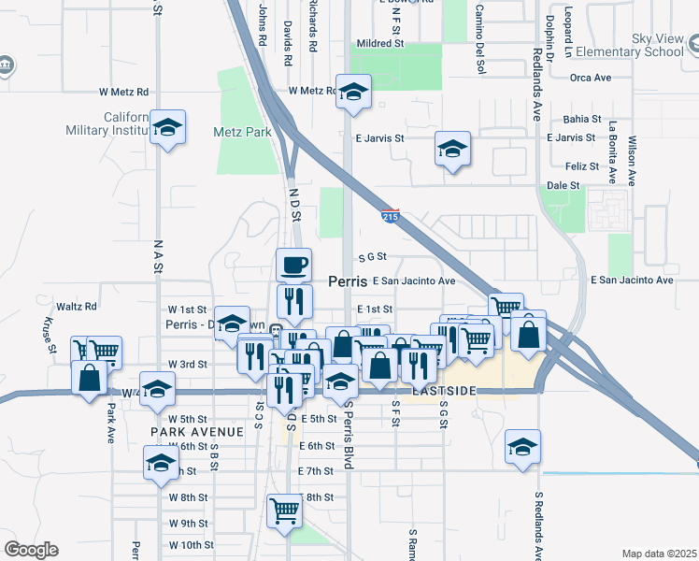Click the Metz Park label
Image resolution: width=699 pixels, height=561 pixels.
coord(242,132)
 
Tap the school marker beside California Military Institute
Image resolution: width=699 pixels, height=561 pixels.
coord(167,128)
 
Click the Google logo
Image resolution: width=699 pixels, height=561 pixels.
coord(31,550)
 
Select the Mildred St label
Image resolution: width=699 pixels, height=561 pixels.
coord(378,43)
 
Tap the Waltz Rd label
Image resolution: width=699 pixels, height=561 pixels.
coord(77,307)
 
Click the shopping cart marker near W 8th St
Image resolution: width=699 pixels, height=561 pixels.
coord(284,511)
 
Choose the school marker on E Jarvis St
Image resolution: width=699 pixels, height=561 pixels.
coord(452,150)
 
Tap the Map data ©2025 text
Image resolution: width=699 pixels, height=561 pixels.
coord(658,554)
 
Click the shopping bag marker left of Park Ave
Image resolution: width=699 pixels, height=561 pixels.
coord(89,380)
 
